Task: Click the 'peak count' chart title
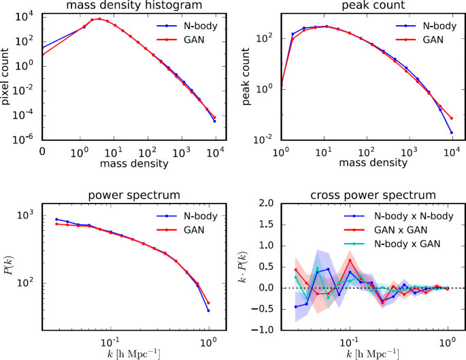click(x=367, y=7)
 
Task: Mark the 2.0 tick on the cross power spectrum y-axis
click(x=265, y=203)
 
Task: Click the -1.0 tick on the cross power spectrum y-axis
click(x=263, y=330)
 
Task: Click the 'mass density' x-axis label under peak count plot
click(x=367, y=163)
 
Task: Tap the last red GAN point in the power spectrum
click(x=209, y=303)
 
